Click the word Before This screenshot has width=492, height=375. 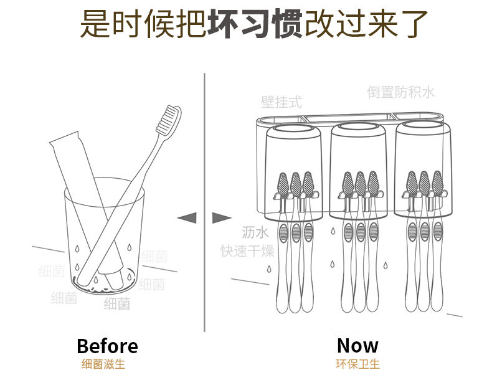tap(107, 346)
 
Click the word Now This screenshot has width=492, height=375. tap(357, 345)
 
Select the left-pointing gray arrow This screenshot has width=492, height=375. tap(187, 217)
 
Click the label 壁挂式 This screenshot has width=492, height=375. tap(281, 102)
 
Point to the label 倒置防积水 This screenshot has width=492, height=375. tap(400, 92)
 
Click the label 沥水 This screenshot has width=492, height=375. tap(255, 233)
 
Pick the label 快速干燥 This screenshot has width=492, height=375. tap(247, 251)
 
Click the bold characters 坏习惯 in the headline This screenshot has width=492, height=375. tap(254, 24)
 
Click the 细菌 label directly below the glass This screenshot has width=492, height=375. tap(116, 304)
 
